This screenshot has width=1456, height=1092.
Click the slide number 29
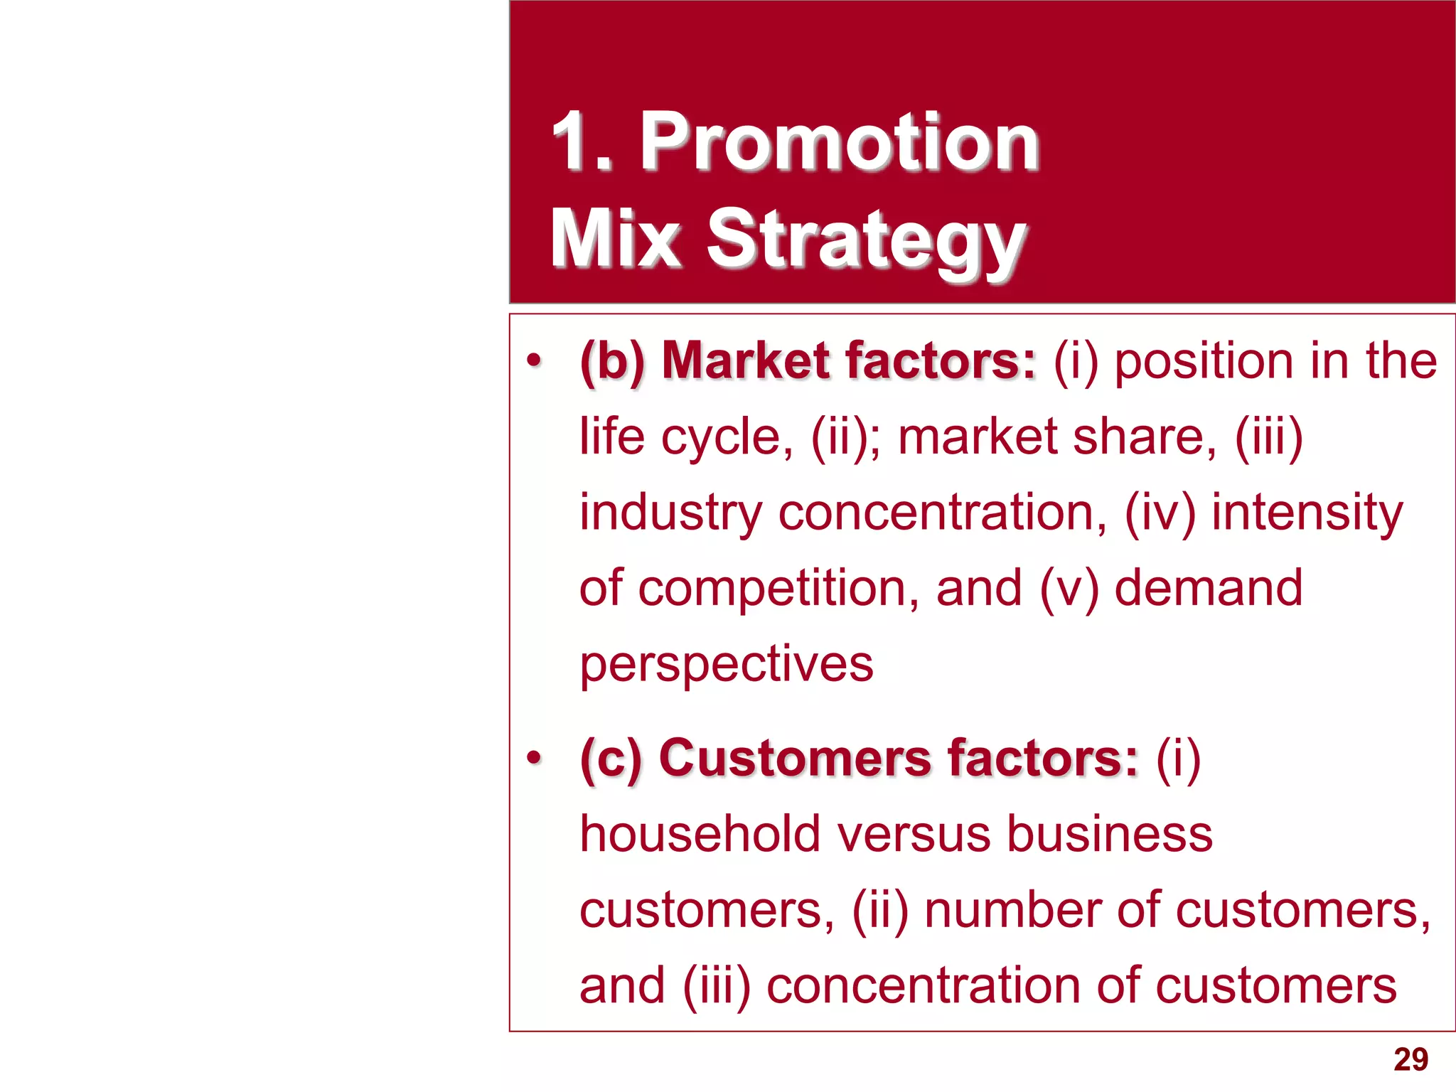(x=1410, y=1059)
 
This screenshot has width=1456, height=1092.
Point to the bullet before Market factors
(x=534, y=361)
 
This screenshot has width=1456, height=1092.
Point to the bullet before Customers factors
(x=534, y=759)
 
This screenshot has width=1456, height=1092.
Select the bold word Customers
(x=794, y=758)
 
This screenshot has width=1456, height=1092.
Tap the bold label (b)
(x=612, y=362)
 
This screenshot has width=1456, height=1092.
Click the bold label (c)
(x=611, y=759)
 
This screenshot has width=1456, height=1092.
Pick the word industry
(x=670, y=513)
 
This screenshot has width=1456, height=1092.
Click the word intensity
(x=1307, y=513)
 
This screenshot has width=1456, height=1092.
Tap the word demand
(x=1208, y=588)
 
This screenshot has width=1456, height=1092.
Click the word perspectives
(x=726, y=665)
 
